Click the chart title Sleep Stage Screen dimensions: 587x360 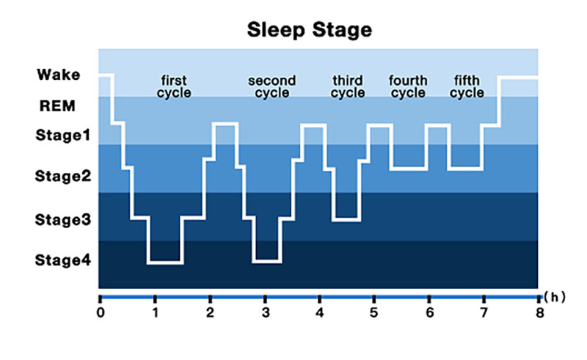click(310, 29)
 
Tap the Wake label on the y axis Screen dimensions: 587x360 click(59, 75)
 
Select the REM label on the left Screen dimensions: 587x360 click(57, 106)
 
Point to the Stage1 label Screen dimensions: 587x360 click(63, 135)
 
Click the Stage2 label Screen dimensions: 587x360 click(63, 176)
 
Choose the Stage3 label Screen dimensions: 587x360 click(63, 220)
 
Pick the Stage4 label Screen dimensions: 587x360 click(63, 260)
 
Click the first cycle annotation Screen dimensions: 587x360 click(174, 87)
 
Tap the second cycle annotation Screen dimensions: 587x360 click(272, 87)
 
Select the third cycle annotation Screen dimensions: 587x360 click(348, 87)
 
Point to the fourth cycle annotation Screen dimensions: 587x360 click(408, 87)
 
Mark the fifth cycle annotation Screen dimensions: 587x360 click(467, 87)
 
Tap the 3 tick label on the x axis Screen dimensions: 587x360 click(266, 312)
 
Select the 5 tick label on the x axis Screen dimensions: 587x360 click(374, 312)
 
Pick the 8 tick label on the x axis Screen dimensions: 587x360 click(539, 312)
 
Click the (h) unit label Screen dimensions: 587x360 click(555, 297)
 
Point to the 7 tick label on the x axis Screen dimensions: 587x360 click(484, 312)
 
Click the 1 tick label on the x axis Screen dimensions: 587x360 click(155, 312)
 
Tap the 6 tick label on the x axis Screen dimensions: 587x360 click(429, 312)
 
